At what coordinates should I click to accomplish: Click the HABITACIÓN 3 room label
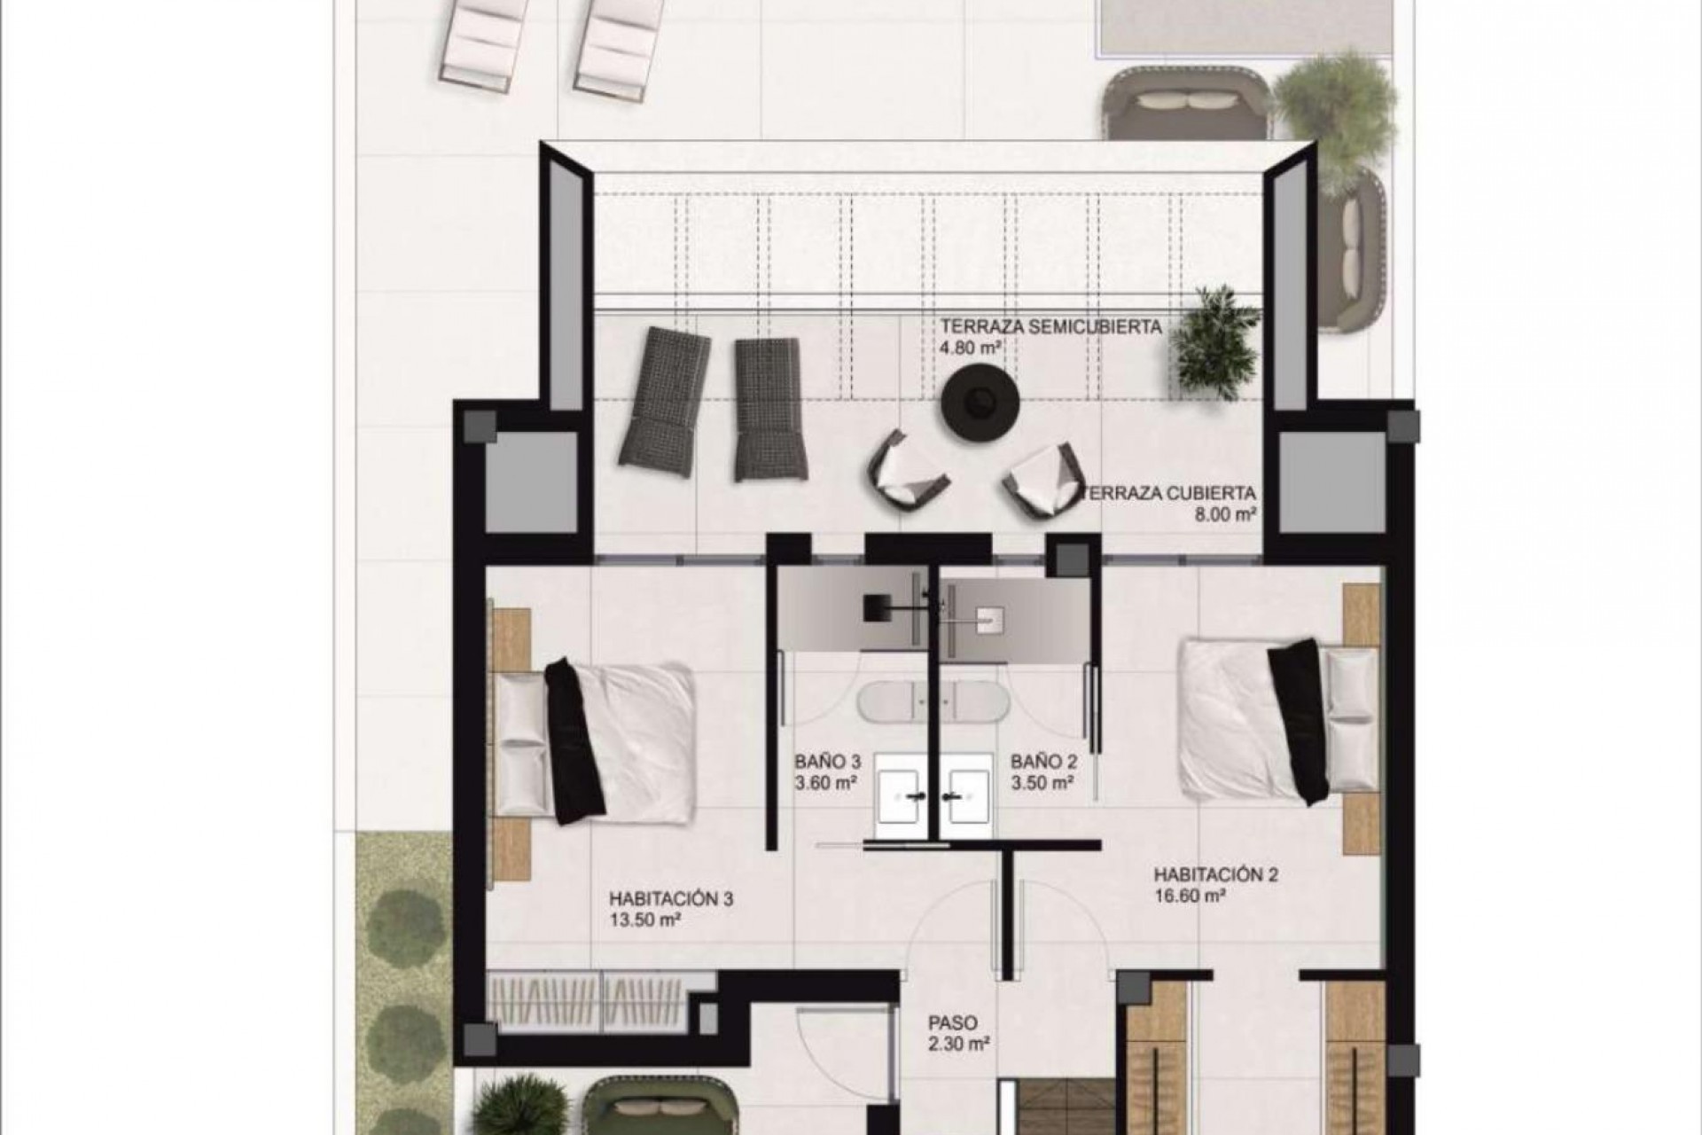tap(670, 898)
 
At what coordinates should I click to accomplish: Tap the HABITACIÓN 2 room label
tap(1215, 875)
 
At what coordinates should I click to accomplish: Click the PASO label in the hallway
tap(953, 1023)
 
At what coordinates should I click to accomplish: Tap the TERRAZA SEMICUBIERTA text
tap(1050, 326)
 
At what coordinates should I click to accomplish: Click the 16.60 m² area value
tap(1190, 896)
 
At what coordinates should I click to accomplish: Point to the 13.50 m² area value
tap(644, 920)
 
